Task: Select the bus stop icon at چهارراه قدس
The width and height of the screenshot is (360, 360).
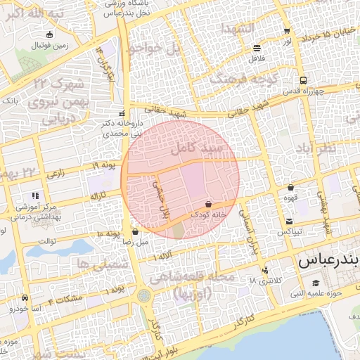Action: pyautogui.click(x=303, y=80)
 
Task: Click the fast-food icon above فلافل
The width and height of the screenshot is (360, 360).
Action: pyautogui.click(x=257, y=49)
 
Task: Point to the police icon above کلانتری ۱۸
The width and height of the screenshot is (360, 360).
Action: pyautogui.click(x=264, y=271)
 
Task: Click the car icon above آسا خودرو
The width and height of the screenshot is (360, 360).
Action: pyautogui.click(x=25, y=298)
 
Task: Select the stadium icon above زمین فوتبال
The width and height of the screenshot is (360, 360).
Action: pyautogui.click(x=49, y=34)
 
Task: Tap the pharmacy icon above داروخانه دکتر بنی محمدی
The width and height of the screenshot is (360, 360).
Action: pyautogui.click(x=122, y=113)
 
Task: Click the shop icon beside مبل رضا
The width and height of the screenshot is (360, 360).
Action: pyautogui.click(x=135, y=231)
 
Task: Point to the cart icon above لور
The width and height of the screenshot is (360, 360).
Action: pyautogui.click(x=287, y=31)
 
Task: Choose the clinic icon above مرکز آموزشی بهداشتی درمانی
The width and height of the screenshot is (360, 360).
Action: pyautogui.click(x=34, y=196)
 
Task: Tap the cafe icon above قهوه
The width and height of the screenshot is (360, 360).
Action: pyautogui.click(x=291, y=188)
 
